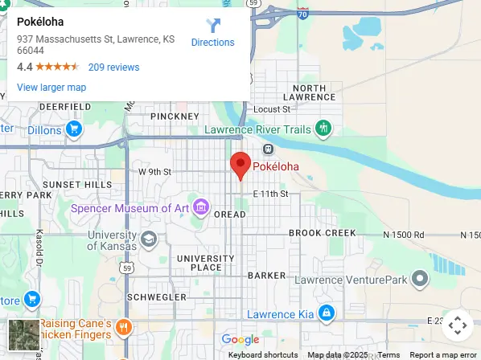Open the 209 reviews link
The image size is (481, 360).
pos(113,67)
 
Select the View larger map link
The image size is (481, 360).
pos(51,87)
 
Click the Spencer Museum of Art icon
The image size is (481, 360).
pos(200,208)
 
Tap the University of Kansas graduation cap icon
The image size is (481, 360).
pos(149,239)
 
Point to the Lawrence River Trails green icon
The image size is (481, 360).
pos(323,128)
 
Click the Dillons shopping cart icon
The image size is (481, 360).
pos(73,129)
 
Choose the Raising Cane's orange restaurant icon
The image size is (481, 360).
pos(123,327)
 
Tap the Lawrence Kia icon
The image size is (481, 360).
pos(326,313)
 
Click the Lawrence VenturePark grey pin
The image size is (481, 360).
pos(419,279)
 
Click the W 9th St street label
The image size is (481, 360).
pos(155,171)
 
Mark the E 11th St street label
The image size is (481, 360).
pos(269,194)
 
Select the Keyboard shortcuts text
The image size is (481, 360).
pos(262,354)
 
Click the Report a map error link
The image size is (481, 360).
pos(443,354)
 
